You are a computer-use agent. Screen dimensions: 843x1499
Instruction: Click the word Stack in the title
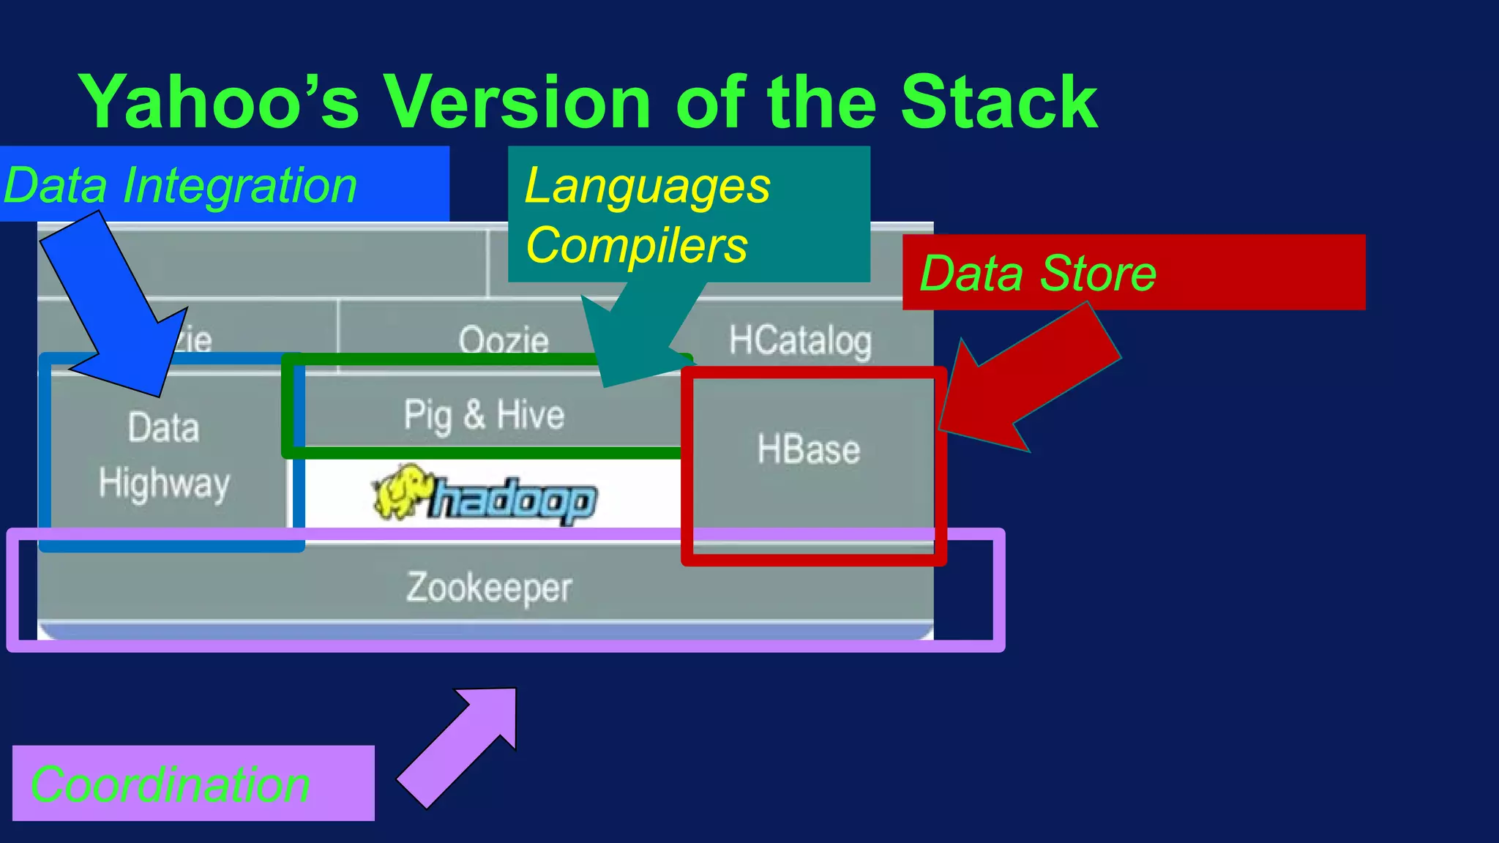tap(998, 102)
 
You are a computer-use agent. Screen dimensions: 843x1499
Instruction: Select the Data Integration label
tap(180, 185)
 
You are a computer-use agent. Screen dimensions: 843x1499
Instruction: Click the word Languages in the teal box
tap(647, 186)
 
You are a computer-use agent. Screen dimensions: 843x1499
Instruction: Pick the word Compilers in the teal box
tap(636, 245)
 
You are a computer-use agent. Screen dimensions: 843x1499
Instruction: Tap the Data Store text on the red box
tap(1037, 273)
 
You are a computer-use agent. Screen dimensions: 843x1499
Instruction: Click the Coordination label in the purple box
tap(170, 784)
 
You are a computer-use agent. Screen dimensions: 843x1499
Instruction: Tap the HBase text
tap(808, 449)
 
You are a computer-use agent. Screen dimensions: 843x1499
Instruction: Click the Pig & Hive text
tap(484, 415)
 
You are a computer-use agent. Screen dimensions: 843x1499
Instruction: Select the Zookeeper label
tap(489, 588)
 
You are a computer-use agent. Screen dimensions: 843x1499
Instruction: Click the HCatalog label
tap(799, 340)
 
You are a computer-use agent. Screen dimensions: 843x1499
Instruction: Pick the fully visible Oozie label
tap(504, 340)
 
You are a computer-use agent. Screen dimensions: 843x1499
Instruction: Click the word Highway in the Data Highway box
tap(164, 484)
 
